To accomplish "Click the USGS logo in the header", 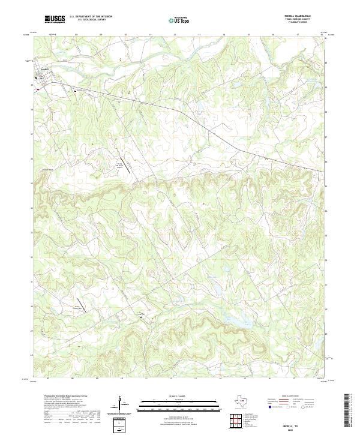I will coord(55,20).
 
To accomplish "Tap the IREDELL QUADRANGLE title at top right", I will coord(306,16).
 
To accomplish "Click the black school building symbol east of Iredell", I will coord(75,91).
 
